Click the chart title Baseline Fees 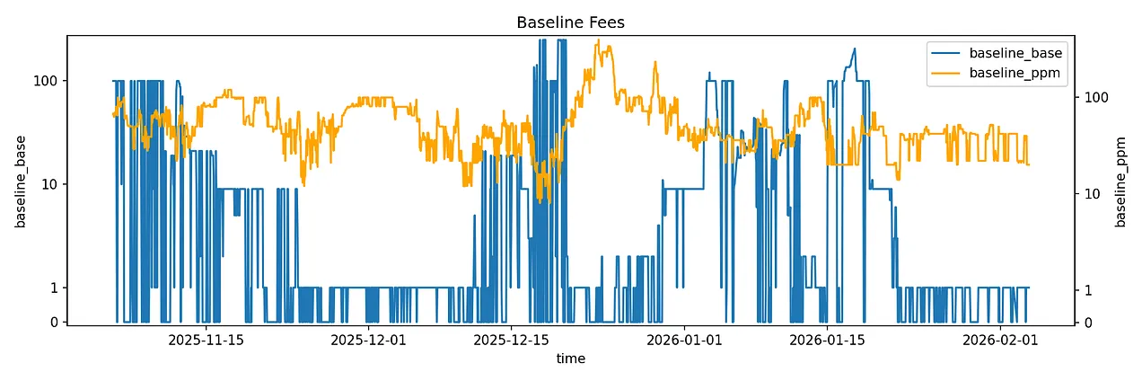(x=570, y=22)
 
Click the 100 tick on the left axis (x=46, y=81)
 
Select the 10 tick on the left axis (x=49, y=184)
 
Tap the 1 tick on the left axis (x=53, y=288)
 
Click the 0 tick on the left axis (x=53, y=322)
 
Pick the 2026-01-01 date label (x=684, y=340)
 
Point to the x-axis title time (x=570, y=359)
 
